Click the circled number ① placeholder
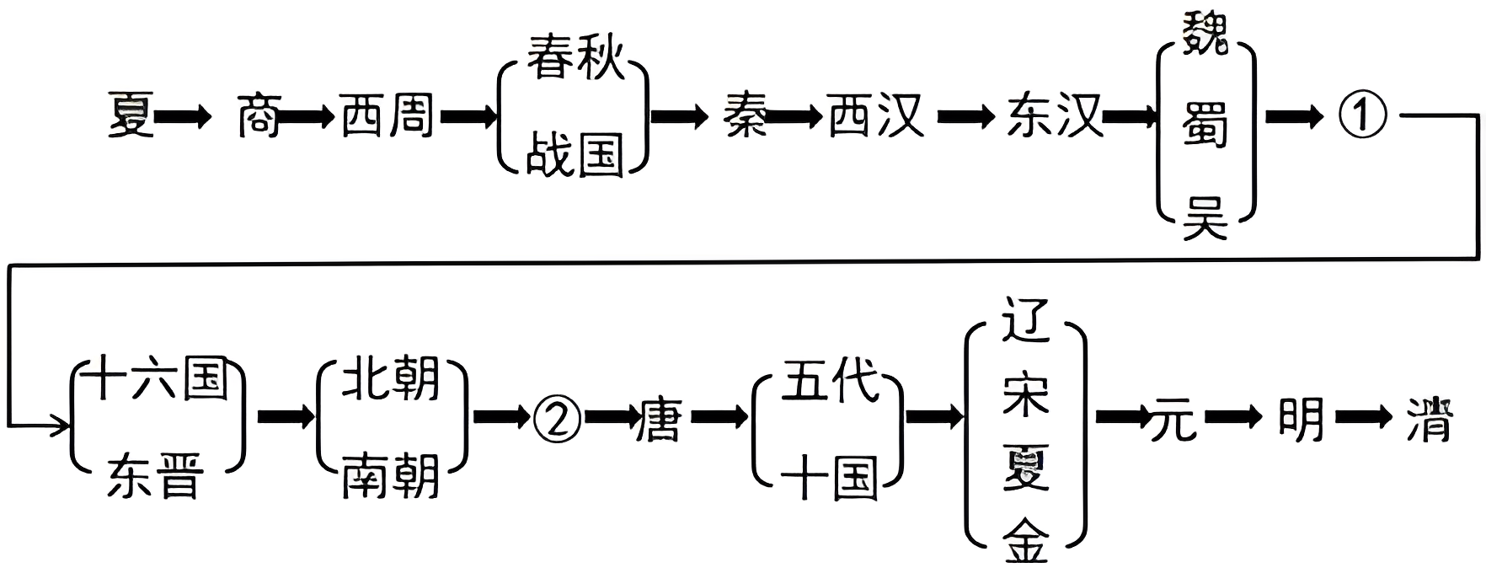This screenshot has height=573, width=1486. tap(1362, 115)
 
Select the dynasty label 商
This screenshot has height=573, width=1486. tap(258, 115)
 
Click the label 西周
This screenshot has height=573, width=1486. tap(387, 115)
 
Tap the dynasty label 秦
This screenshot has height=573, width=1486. tap(745, 115)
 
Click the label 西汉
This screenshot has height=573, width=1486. tap(876, 115)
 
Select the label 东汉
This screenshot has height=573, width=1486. tap(1054, 115)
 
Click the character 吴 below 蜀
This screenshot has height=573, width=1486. tap(1205, 217)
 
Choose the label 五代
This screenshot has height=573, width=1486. tap(830, 379)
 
